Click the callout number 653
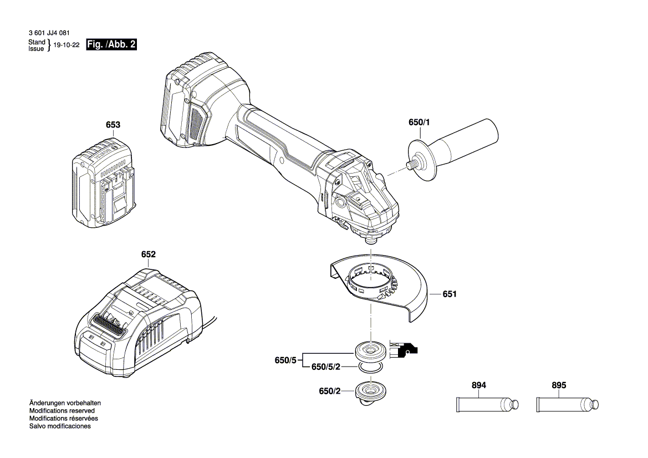(113, 125)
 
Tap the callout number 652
(149, 254)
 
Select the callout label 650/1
(419, 123)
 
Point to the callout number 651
(450, 294)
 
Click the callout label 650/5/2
(325, 367)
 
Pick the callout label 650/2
(330, 391)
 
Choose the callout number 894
(479, 385)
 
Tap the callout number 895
(559, 385)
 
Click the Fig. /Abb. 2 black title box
(111, 45)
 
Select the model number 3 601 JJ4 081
(49, 33)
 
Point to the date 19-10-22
(67, 45)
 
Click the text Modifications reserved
(62, 411)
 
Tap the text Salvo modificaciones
(60, 426)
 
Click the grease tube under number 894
(487, 405)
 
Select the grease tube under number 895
(568, 405)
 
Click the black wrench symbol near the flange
(404, 349)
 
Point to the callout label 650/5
(285, 360)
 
